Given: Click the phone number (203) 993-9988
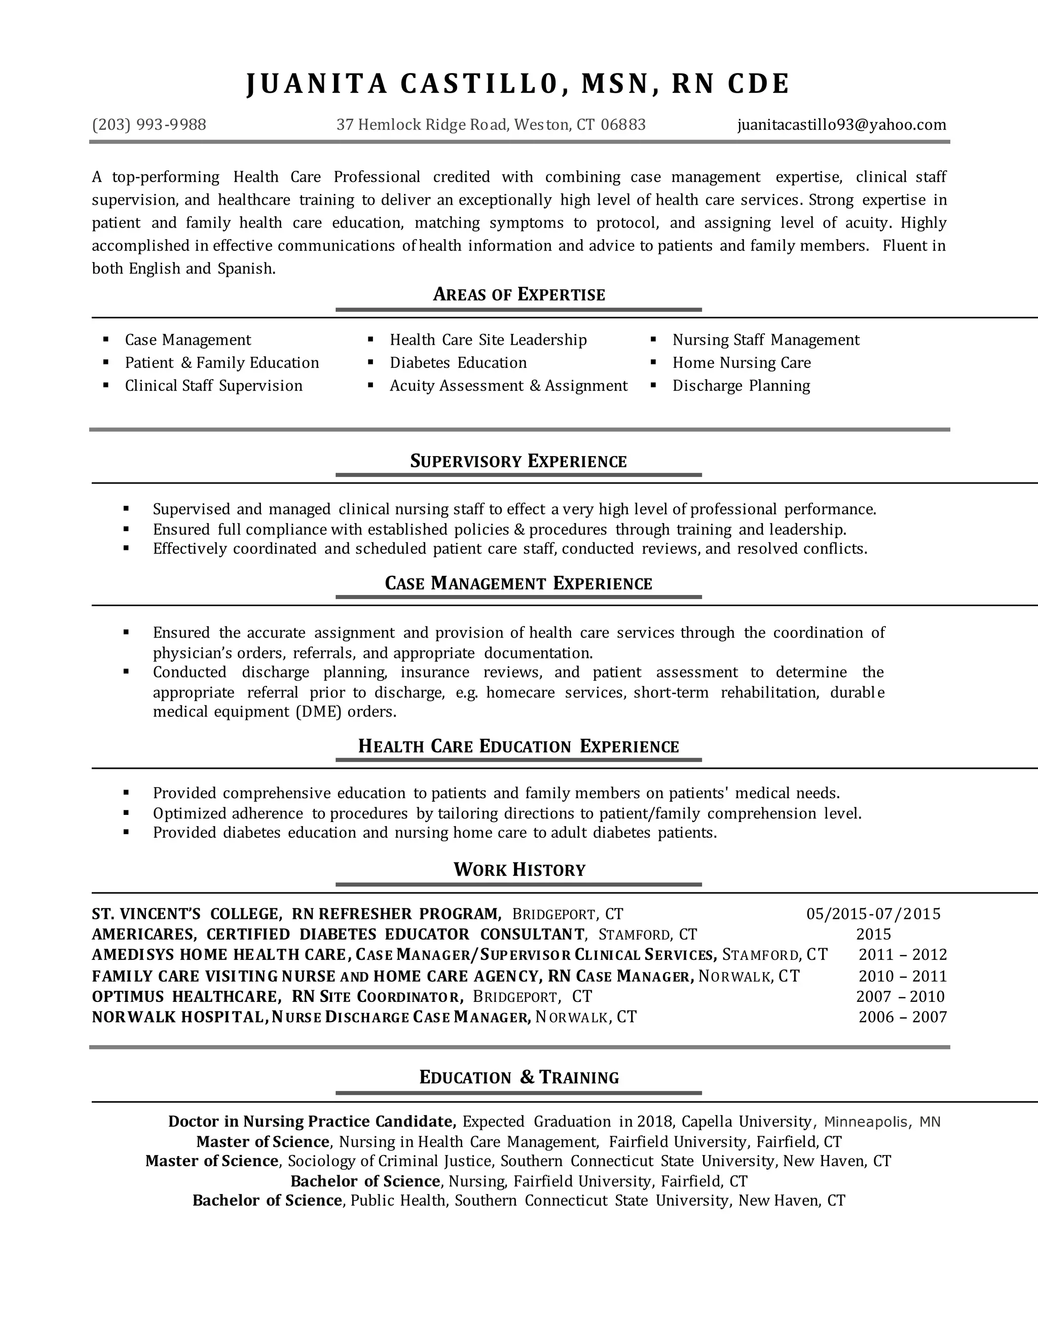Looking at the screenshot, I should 149,125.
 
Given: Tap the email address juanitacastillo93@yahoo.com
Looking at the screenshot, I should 841,125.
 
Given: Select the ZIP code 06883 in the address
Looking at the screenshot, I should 623,125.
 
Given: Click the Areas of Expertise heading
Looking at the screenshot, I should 519,294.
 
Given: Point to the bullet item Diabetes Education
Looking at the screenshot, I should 458,363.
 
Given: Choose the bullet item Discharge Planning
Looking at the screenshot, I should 741,386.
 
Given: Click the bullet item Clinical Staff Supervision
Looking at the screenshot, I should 213,386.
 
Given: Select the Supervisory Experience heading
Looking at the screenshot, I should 518,461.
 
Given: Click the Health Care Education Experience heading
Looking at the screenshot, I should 518,747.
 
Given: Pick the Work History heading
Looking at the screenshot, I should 519,870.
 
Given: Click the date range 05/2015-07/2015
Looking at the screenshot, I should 873,914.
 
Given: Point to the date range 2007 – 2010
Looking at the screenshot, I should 900,996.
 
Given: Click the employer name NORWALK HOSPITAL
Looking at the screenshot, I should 178,1017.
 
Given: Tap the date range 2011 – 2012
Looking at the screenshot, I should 902,955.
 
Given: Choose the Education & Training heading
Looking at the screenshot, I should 519,1077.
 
